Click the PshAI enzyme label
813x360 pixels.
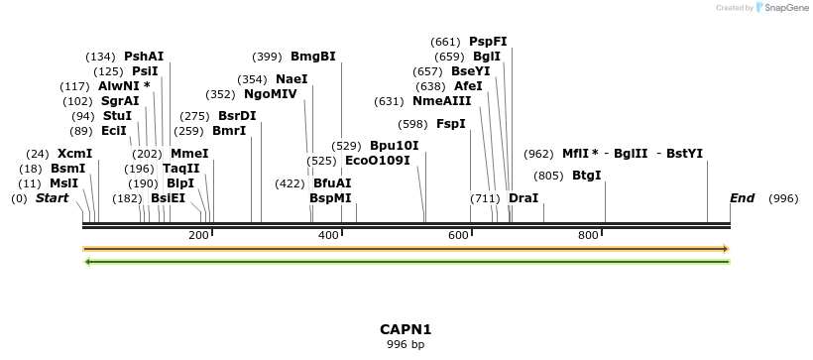[x=144, y=57]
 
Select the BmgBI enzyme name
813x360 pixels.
[x=312, y=57]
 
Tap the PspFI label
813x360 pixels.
[x=488, y=42]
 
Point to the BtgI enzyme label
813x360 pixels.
[x=587, y=176]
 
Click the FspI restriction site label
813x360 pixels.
[x=451, y=124]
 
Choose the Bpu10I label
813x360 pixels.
[x=394, y=146]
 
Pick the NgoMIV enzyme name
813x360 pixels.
[x=271, y=94]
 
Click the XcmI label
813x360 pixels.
[x=74, y=154]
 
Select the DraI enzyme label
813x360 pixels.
[x=523, y=198]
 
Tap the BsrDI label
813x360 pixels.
[x=237, y=116]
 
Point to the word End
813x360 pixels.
[x=742, y=198]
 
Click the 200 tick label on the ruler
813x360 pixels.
[x=198, y=235]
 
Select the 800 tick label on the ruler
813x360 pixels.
[x=588, y=235]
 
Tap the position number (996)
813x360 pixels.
[x=783, y=198]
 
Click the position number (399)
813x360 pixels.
[x=268, y=57]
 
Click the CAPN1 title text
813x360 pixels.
[x=406, y=329]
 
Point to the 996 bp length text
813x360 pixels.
[x=406, y=345]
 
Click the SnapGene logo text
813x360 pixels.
[x=781, y=8]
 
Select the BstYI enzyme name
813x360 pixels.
[x=684, y=154]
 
